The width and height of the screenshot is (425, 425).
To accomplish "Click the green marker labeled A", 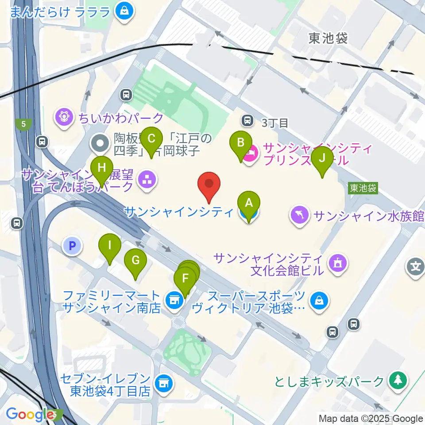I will [x=249, y=204].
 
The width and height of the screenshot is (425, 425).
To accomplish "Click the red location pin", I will [x=208, y=185].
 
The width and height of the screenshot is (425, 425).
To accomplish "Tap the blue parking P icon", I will [x=73, y=245].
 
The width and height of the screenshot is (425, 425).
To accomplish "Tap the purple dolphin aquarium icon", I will [x=300, y=216].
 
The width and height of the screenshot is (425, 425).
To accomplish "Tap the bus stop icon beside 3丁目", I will [x=247, y=120].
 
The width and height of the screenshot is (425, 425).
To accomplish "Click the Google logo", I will [x=30, y=414].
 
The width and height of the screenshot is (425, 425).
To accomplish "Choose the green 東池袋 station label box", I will [x=363, y=188].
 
